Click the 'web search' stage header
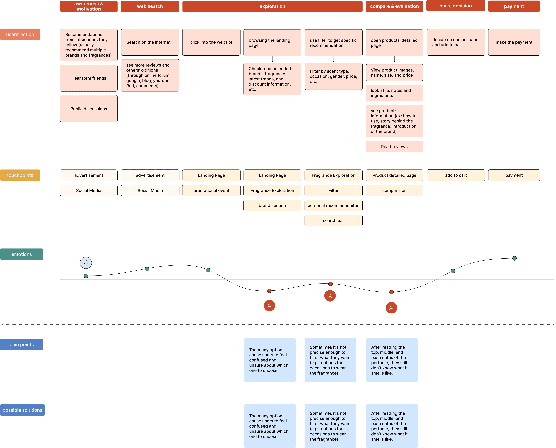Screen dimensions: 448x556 click(150, 6)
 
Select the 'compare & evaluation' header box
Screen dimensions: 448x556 click(394, 6)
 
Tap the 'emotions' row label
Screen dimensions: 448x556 click(22, 254)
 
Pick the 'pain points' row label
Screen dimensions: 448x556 click(22, 344)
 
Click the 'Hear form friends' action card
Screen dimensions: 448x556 click(89, 78)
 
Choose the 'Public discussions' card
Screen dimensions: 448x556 click(89, 109)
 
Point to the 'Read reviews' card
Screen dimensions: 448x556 click(394, 147)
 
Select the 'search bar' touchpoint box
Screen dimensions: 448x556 click(333, 220)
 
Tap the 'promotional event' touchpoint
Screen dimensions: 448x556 click(211, 190)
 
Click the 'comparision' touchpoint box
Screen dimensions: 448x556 click(394, 190)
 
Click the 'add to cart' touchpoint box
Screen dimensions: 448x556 click(456, 175)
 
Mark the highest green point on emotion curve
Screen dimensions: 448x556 click(514, 258)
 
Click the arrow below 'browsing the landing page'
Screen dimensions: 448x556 click(272, 59)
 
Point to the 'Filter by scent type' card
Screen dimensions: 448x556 click(333, 76)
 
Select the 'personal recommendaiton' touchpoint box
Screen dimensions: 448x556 click(333, 205)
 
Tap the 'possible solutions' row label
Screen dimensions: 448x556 click(22, 410)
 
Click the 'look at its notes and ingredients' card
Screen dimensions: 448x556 click(394, 93)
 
